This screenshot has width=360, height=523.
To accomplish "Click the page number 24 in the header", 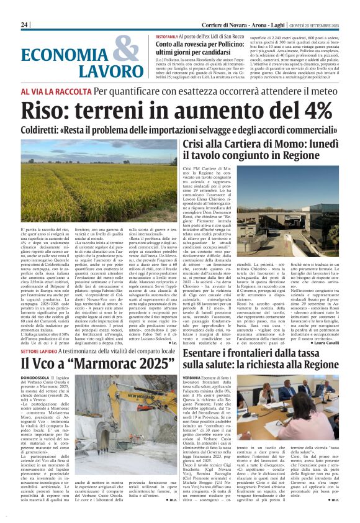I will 25,24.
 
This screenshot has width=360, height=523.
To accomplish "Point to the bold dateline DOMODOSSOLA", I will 39,377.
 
